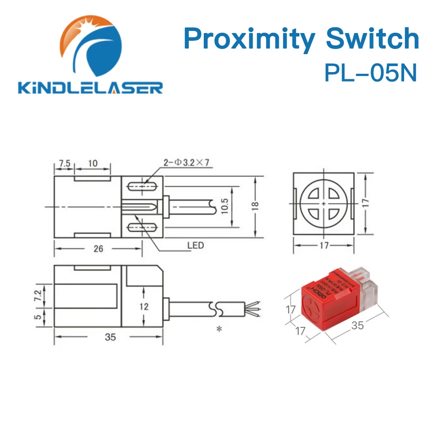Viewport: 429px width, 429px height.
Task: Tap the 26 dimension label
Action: click(x=98, y=248)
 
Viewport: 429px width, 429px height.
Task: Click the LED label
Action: click(x=195, y=246)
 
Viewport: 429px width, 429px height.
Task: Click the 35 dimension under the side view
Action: click(x=110, y=337)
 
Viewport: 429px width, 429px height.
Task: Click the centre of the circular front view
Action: click(x=323, y=203)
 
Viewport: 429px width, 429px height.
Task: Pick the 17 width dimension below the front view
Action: click(x=323, y=245)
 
